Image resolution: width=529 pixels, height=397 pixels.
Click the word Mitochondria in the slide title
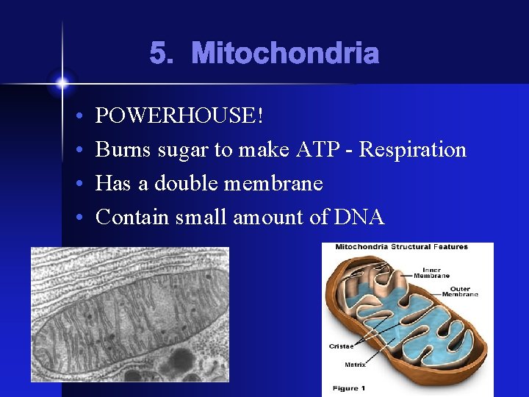click(285, 54)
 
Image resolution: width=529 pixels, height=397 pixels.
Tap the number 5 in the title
click(159, 54)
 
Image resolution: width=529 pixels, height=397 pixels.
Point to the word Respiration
click(414, 149)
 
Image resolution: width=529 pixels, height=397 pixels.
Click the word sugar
click(181, 149)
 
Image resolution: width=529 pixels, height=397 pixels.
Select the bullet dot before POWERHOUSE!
click(78, 116)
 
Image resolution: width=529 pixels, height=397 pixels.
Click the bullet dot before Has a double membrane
click(78, 184)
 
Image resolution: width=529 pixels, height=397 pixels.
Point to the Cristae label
click(341, 346)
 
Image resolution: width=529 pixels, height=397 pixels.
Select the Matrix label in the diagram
click(356, 364)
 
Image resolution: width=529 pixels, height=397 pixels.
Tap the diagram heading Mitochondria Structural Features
click(401, 247)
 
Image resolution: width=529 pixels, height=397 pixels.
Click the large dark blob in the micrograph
click(179, 360)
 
